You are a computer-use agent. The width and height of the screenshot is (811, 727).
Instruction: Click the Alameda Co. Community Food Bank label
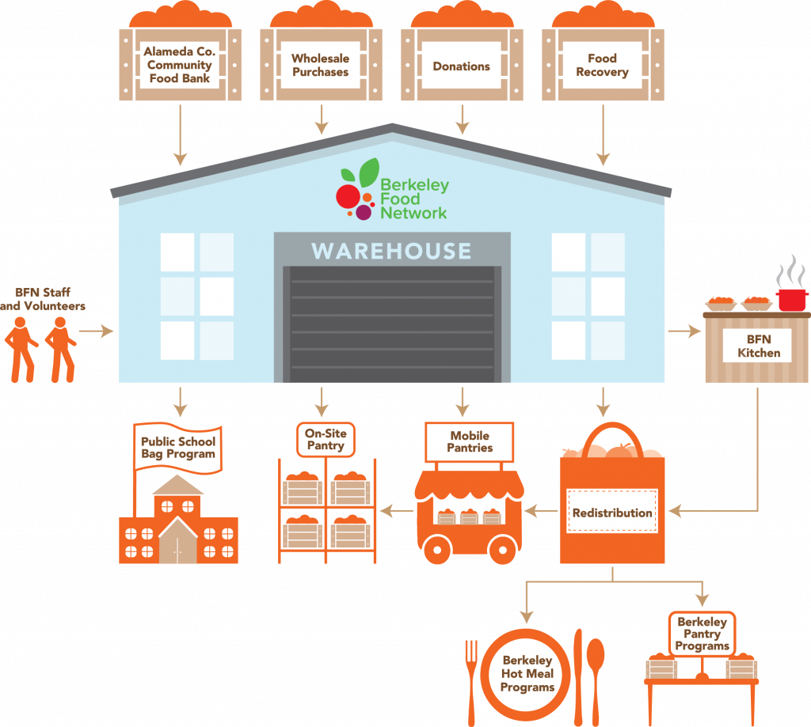180,65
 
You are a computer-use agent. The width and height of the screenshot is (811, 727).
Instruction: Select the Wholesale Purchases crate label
320,65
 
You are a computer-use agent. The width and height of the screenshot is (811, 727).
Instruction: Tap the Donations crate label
462,66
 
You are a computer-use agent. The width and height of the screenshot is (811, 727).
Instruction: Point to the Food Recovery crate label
602,65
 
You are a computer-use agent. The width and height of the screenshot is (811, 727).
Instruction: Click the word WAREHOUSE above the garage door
391,251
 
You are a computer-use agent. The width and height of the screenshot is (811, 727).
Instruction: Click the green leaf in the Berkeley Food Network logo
369,172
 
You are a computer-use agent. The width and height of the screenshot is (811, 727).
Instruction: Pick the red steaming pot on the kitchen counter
792,300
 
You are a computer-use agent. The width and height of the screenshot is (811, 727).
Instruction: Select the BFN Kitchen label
759,346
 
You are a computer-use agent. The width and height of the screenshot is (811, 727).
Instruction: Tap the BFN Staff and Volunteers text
43,299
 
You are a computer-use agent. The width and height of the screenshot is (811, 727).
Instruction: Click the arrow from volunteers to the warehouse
96,331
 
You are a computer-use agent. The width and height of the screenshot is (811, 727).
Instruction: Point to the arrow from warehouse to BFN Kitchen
684,331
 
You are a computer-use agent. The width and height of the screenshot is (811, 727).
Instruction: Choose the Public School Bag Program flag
178,448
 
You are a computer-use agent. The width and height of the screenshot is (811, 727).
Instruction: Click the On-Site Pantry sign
326,439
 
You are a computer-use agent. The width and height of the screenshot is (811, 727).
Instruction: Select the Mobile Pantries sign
470,441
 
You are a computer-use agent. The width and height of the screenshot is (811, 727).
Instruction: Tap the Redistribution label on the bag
612,513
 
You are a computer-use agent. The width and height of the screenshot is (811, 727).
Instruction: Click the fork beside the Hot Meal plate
471,682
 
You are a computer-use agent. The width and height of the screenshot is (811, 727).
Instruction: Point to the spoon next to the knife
596,682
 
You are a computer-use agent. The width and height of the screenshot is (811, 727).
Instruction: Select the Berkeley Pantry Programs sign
702,634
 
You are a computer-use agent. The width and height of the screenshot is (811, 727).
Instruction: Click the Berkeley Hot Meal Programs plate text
527,674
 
